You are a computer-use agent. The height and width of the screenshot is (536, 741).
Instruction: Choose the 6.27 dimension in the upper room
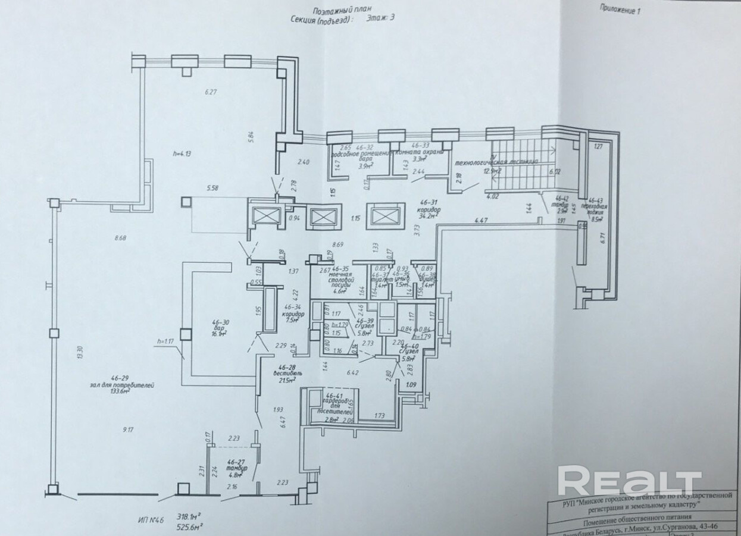[211, 92]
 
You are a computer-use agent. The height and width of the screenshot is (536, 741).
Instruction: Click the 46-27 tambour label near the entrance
[237, 462]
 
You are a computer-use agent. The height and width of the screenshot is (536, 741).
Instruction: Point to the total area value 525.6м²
[203, 526]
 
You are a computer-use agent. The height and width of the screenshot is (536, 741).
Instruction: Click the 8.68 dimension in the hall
[124, 239]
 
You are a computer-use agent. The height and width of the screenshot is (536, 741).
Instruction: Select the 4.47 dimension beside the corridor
[482, 221]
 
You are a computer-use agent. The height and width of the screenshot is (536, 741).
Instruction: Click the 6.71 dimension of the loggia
[602, 238]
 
